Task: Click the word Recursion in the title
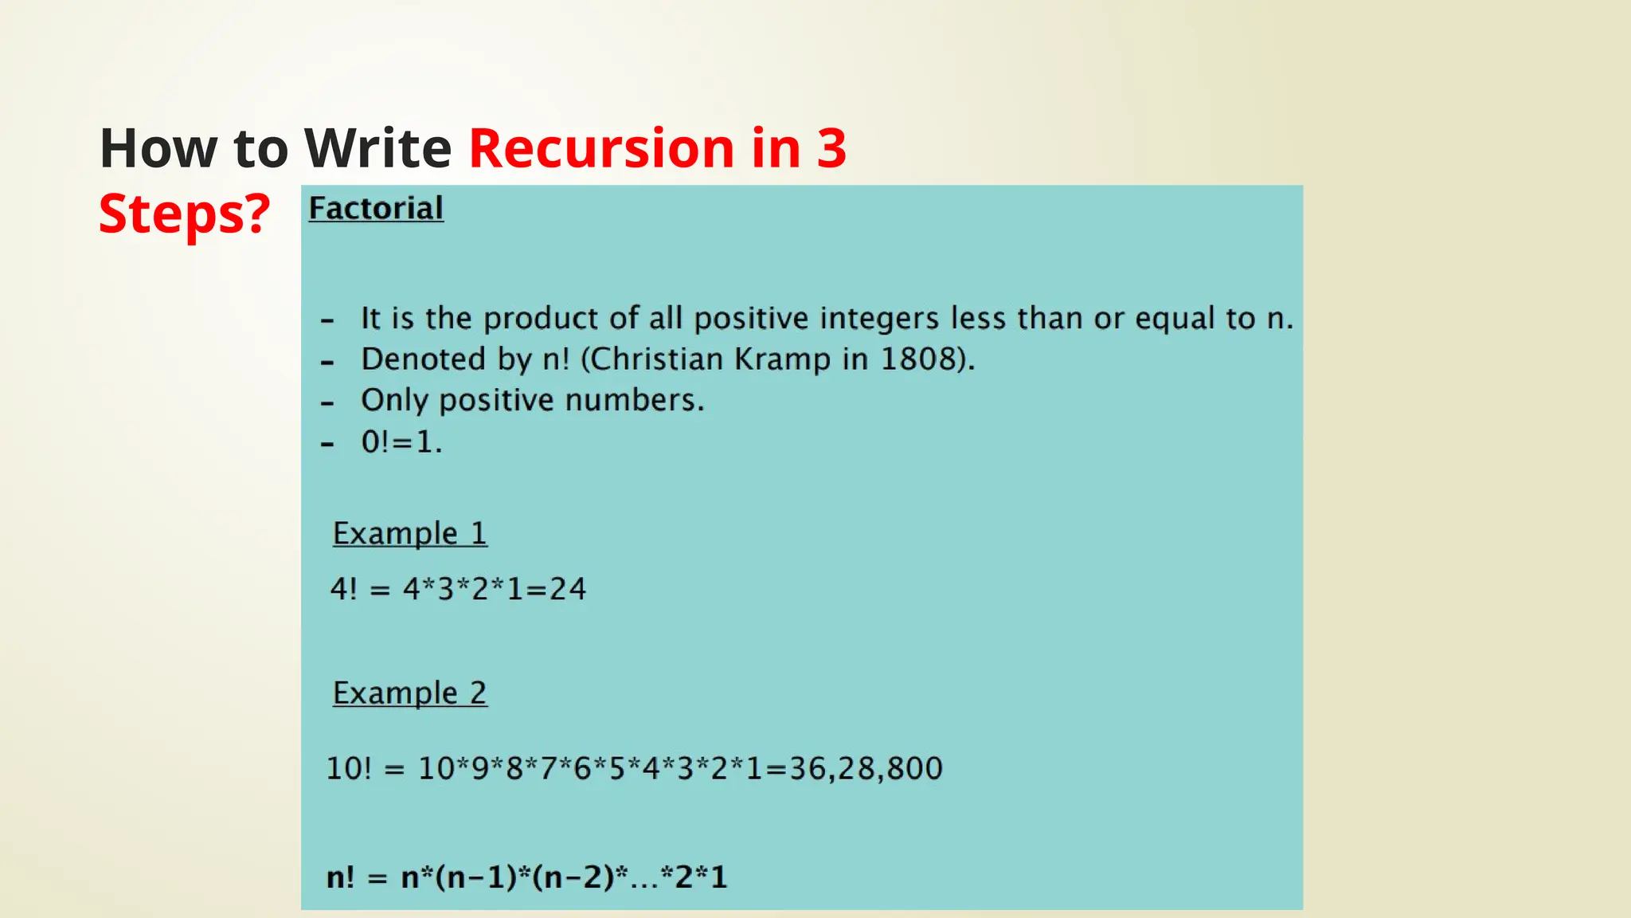[601, 149]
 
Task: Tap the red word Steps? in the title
[185, 214]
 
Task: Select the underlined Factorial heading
[376, 209]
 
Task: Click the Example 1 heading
[409, 533]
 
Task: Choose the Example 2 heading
[409, 692]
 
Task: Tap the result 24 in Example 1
[568, 589]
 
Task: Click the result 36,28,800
[866, 768]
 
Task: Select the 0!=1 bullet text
[401, 441]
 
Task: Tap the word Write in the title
[378, 149]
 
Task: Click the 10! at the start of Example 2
[348, 768]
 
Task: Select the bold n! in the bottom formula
[340, 877]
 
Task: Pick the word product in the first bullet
[541, 318]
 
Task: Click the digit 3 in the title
[831, 149]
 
